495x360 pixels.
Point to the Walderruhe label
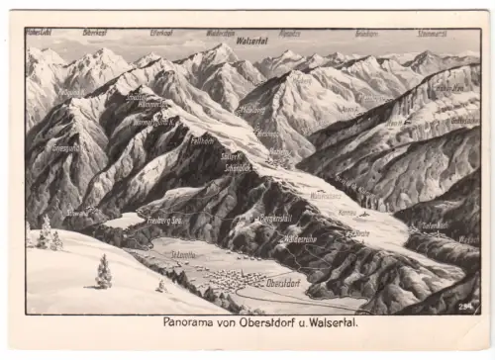click(299, 238)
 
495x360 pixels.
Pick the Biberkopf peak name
click(95, 33)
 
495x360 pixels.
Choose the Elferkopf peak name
click(161, 33)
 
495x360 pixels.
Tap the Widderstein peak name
click(221, 33)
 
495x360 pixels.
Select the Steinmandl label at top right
click(432, 33)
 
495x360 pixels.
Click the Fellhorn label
click(203, 141)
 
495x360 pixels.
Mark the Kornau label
click(346, 213)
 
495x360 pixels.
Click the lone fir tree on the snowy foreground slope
click(103, 272)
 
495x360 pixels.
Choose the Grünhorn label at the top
click(366, 33)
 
